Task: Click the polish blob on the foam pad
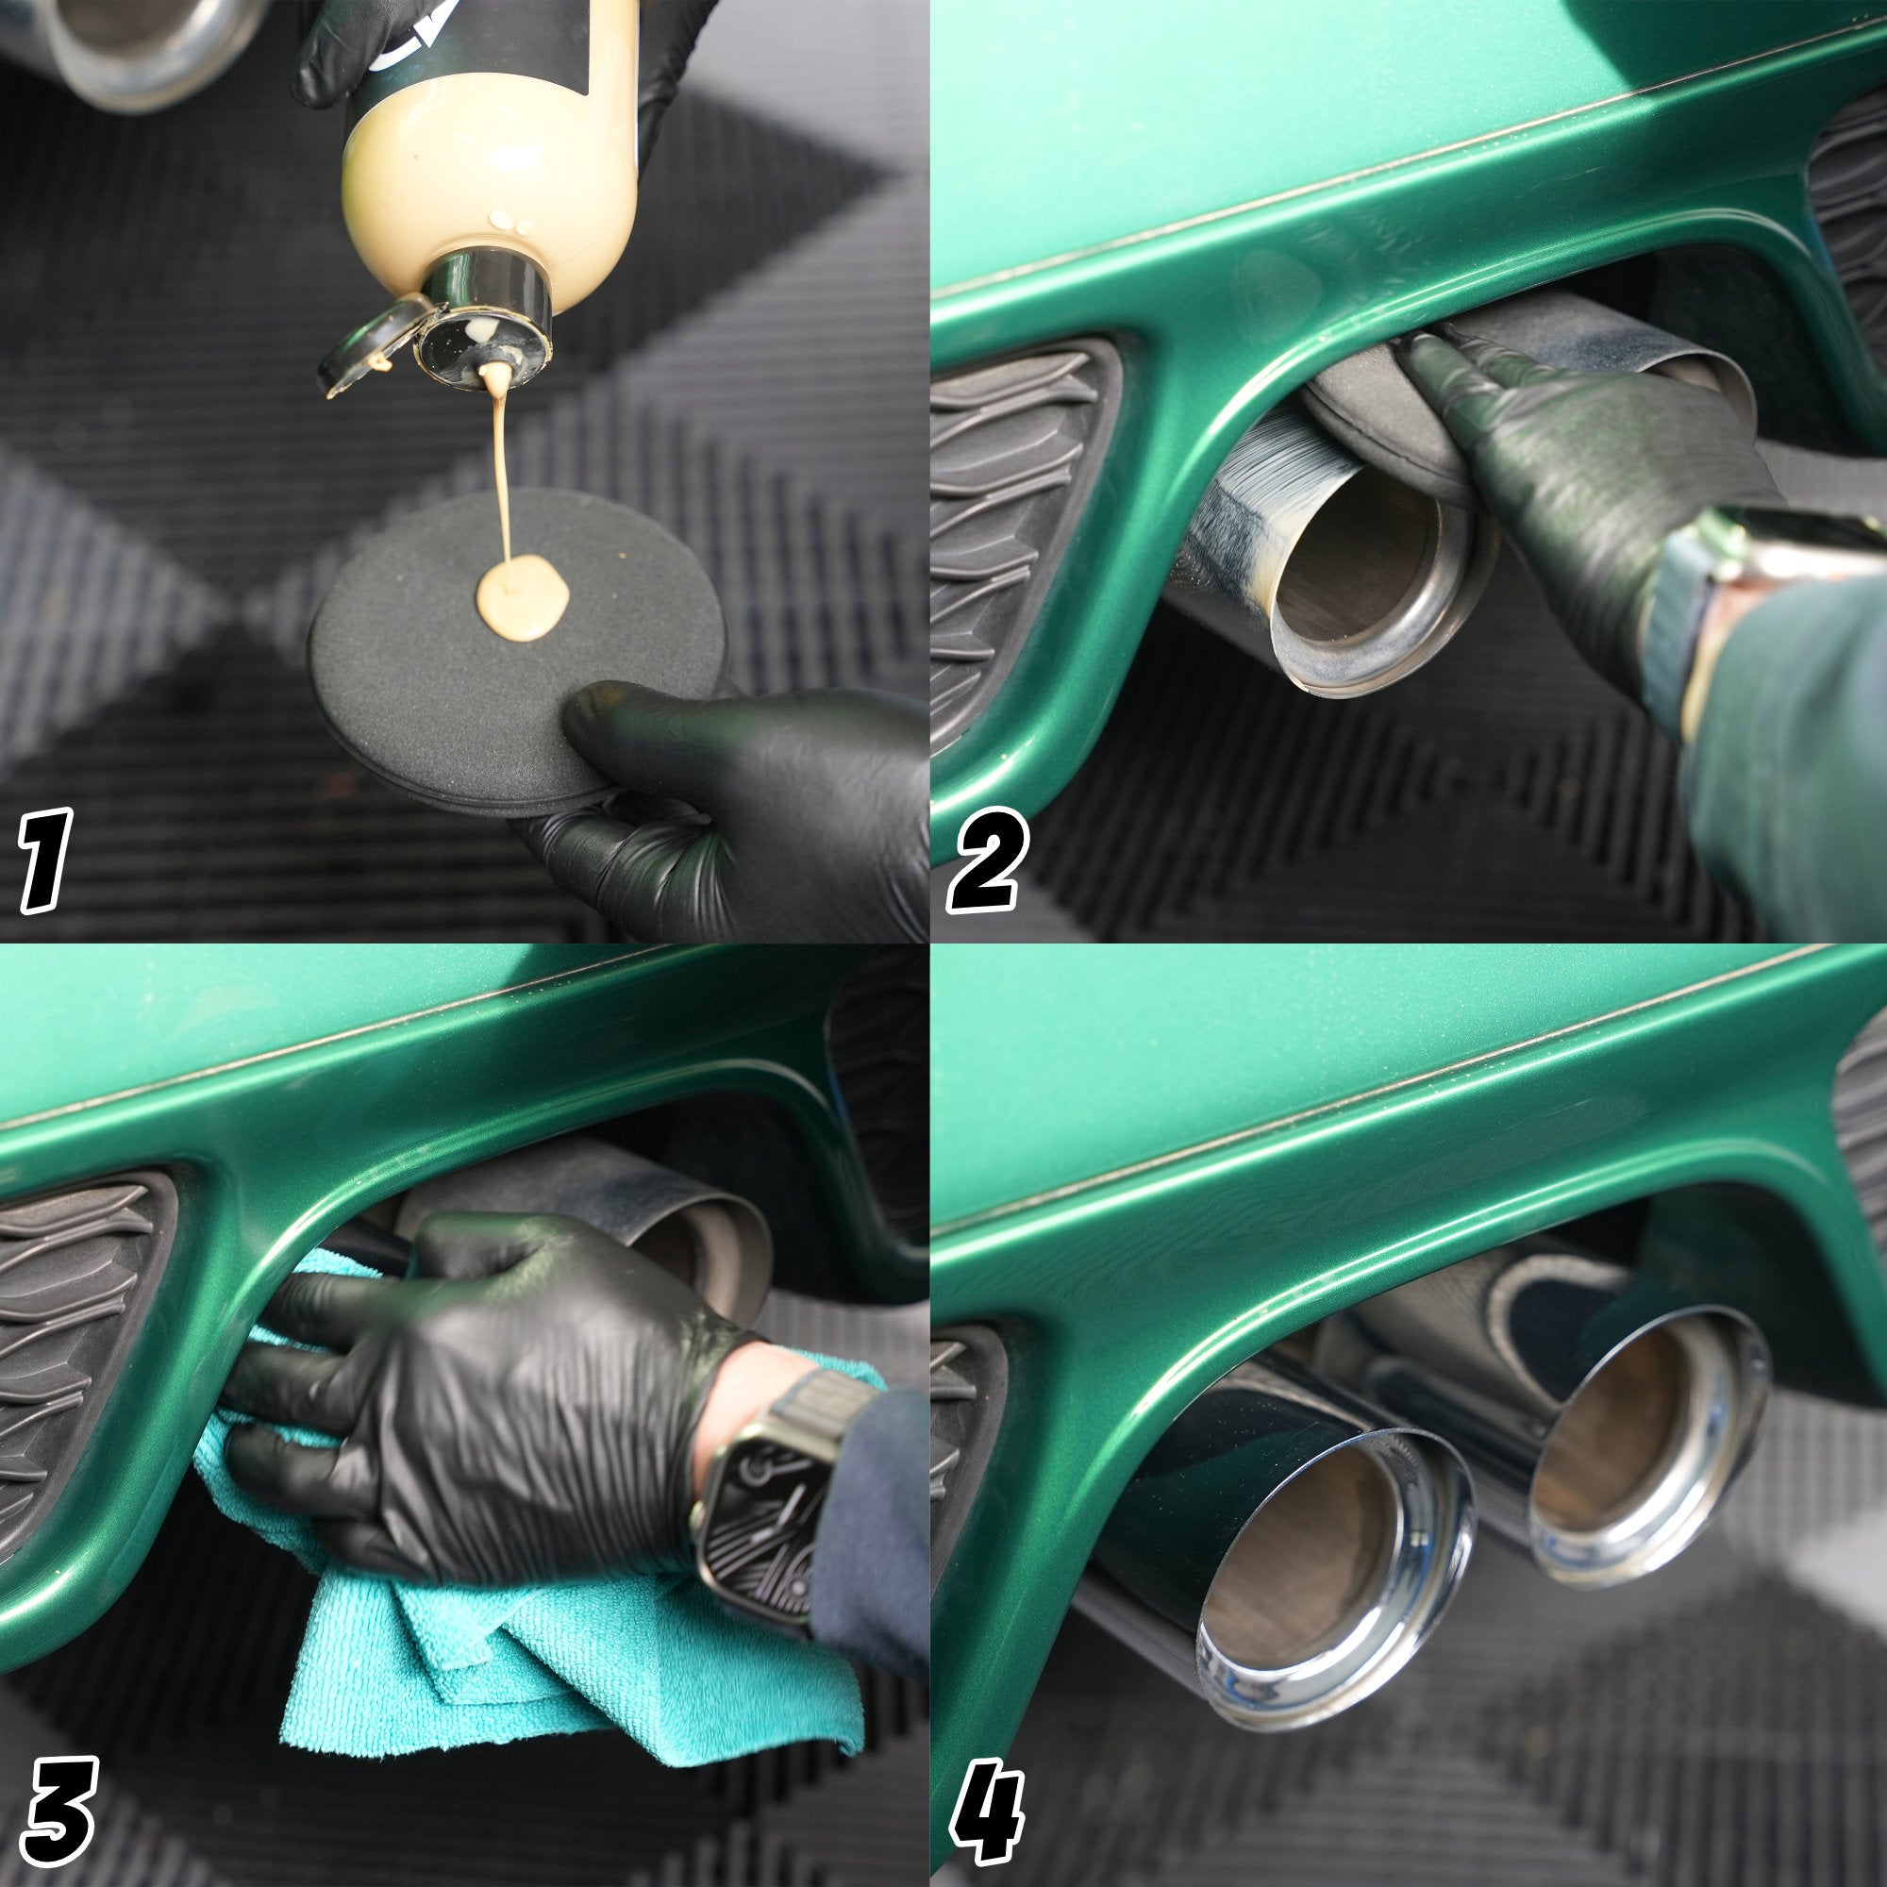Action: coord(523,597)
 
